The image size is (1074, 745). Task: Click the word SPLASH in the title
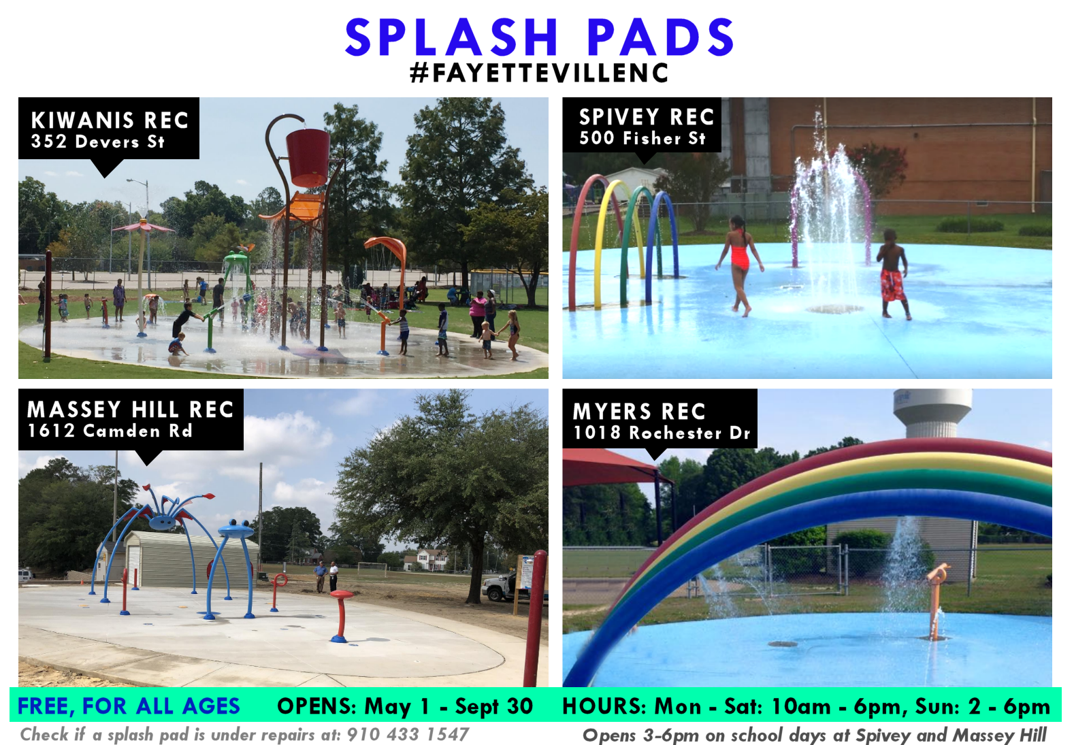pyautogui.click(x=452, y=37)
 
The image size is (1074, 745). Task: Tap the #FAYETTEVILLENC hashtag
pyautogui.click(x=539, y=73)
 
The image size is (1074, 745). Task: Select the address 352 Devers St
pyautogui.click(x=98, y=142)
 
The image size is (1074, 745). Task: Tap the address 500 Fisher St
pyautogui.click(x=642, y=138)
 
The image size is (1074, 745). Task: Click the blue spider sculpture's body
pyautogui.click(x=164, y=520)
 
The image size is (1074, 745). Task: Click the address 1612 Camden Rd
pyautogui.click(x=110, y=431)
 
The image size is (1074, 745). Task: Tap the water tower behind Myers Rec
pyautogui.click(x=932, y=412)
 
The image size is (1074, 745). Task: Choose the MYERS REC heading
pyautogui.click(x=639, y=412)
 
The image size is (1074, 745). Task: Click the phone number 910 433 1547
pyautogui.click(x=408, y=735)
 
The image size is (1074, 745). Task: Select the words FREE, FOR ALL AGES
pyautogui.click(x=129, y=706)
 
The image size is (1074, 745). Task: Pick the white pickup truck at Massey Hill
pyautogui.click(x=501, y=587)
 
